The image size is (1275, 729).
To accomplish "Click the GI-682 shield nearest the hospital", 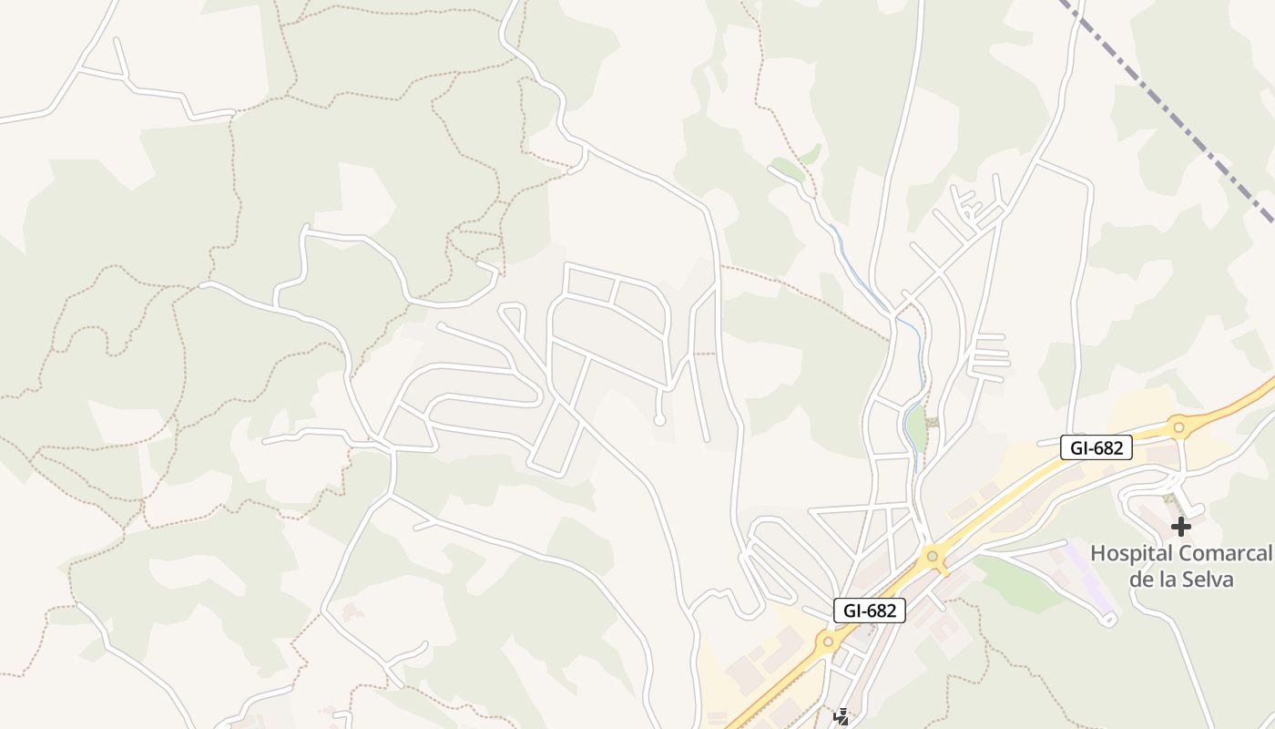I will tap(1096, 447).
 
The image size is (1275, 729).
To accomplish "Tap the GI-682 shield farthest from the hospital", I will tap(869, 611).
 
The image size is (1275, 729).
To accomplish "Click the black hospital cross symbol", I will tap(1181, 526).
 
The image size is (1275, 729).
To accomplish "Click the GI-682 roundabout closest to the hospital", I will tap(1178, 426).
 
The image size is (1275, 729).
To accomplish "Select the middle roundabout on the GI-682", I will tap(932, 555).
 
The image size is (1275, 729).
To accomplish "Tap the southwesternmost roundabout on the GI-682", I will tap(828, 642).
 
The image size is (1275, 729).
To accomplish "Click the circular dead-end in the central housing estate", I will tap(659, 420).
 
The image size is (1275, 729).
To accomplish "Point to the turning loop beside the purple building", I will tap(1108, 620).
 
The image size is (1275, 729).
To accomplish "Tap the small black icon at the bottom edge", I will tap(841, 718).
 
